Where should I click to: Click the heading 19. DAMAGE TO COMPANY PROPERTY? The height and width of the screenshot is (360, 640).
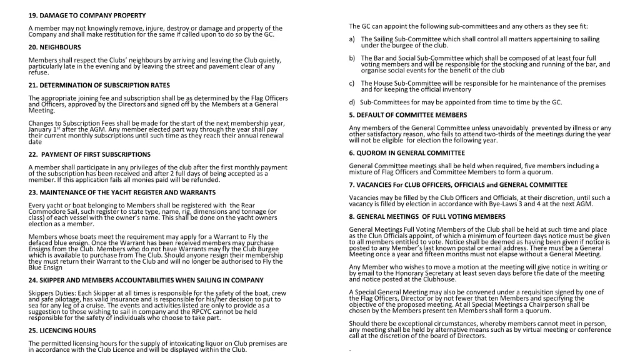[x=87, y=15]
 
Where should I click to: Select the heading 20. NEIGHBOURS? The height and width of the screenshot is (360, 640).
[x=54, y=47]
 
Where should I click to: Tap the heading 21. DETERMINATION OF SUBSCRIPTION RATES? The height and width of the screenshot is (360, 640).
[x=99, y=85]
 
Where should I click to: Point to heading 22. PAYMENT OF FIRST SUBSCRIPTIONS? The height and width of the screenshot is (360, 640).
[x=89, y=154]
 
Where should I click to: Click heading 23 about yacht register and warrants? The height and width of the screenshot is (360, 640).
[x=122, y=192]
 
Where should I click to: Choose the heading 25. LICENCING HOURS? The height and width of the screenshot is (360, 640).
[x=62, y=331]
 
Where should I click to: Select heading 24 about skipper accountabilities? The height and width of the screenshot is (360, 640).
[x=146, y=280]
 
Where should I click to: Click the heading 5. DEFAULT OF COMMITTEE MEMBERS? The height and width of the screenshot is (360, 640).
[x=407, y=115]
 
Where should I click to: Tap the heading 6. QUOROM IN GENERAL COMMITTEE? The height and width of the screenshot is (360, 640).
[x=407, y=153]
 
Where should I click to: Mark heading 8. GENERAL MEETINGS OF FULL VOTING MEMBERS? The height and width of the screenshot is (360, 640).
[x=427, y=216]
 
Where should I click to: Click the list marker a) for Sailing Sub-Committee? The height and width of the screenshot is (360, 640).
[x=352, y=39]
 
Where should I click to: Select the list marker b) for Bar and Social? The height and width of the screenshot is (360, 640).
[x=352, y=58]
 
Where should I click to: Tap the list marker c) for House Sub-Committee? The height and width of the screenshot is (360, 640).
[x=352, y=83]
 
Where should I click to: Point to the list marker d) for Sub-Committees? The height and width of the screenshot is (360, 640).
[x=352, y=102]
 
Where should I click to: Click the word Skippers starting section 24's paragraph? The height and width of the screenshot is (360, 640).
[x=42, y=293]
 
